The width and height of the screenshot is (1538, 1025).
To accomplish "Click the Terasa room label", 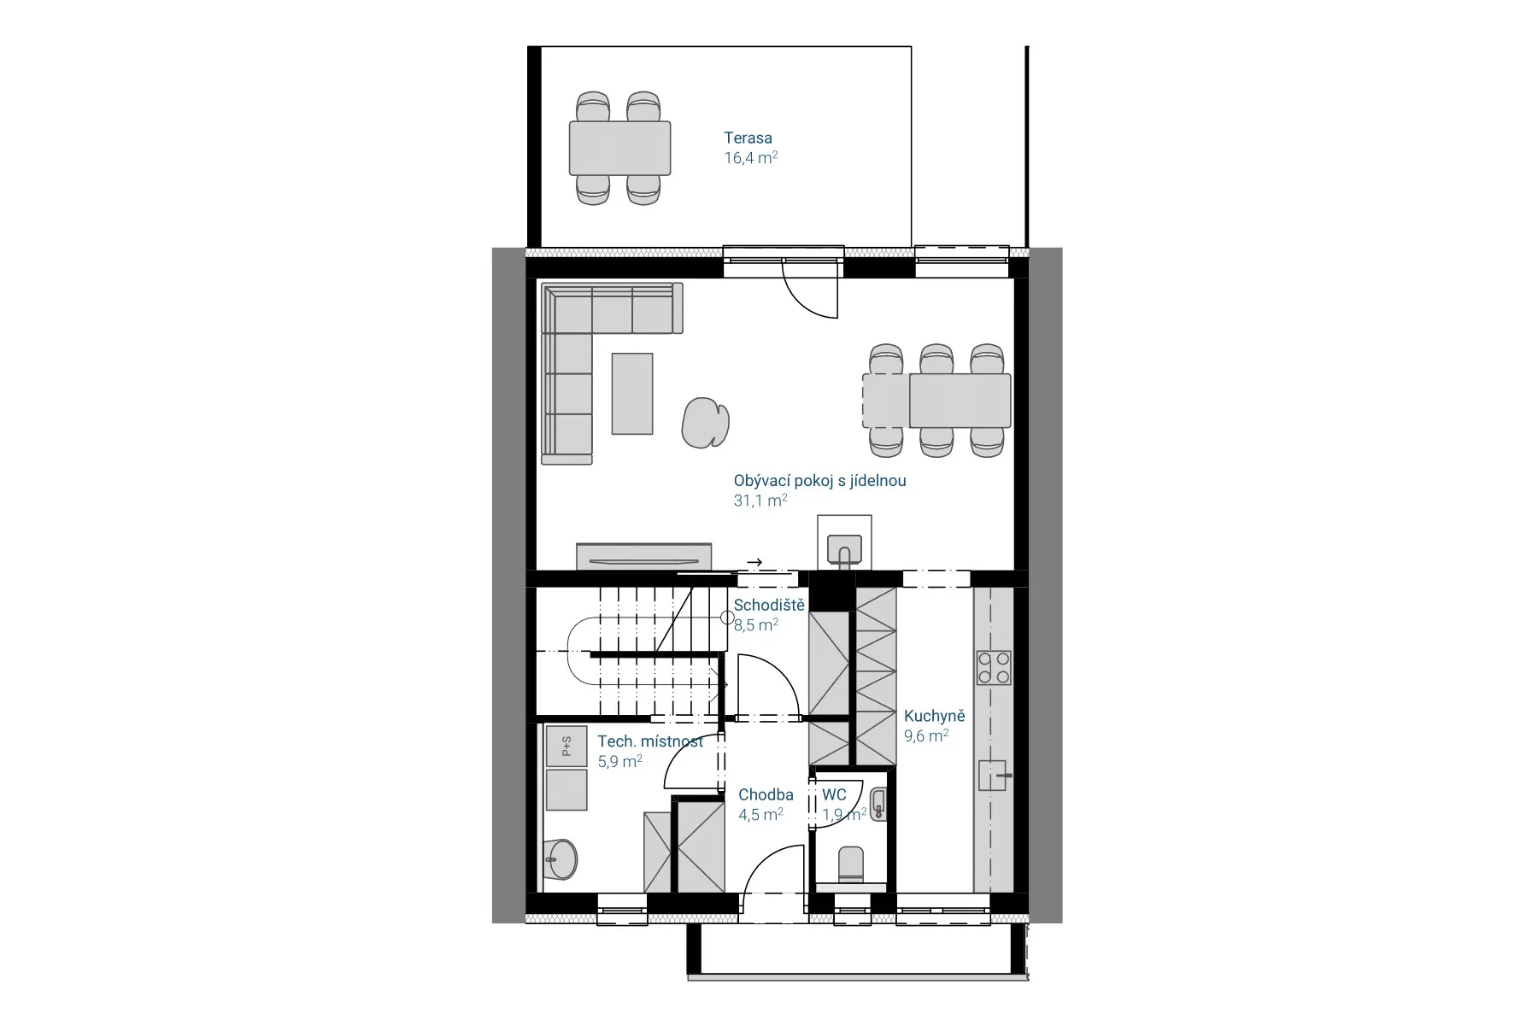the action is [748, 138].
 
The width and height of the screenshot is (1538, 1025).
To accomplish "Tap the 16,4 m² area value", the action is [750, 158].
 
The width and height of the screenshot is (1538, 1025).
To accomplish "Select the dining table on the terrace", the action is [619, 148].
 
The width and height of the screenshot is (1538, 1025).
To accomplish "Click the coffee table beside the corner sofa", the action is [632, 394].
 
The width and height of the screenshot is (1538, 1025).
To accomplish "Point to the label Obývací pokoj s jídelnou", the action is [819, 481].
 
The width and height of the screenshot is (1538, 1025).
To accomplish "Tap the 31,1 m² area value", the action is [760, 501].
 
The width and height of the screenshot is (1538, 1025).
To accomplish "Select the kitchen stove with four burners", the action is [994, 667].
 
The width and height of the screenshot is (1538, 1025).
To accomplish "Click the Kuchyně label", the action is [934, 717].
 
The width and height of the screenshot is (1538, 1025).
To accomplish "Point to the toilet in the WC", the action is [852, 864].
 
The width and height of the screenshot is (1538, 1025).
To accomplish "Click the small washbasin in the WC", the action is [878, 804].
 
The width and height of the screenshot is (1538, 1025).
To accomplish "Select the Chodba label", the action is [766, 795].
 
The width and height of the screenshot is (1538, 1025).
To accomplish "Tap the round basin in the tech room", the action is [561, 858].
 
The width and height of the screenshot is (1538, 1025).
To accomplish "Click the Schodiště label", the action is [769, 606].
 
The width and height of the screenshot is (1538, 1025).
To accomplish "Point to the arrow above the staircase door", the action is [754, 562].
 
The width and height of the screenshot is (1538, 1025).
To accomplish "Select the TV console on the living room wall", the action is [643, 556].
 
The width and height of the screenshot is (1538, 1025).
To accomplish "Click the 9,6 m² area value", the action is [926, 736].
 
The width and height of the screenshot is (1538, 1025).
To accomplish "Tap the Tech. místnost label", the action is [650, 741].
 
